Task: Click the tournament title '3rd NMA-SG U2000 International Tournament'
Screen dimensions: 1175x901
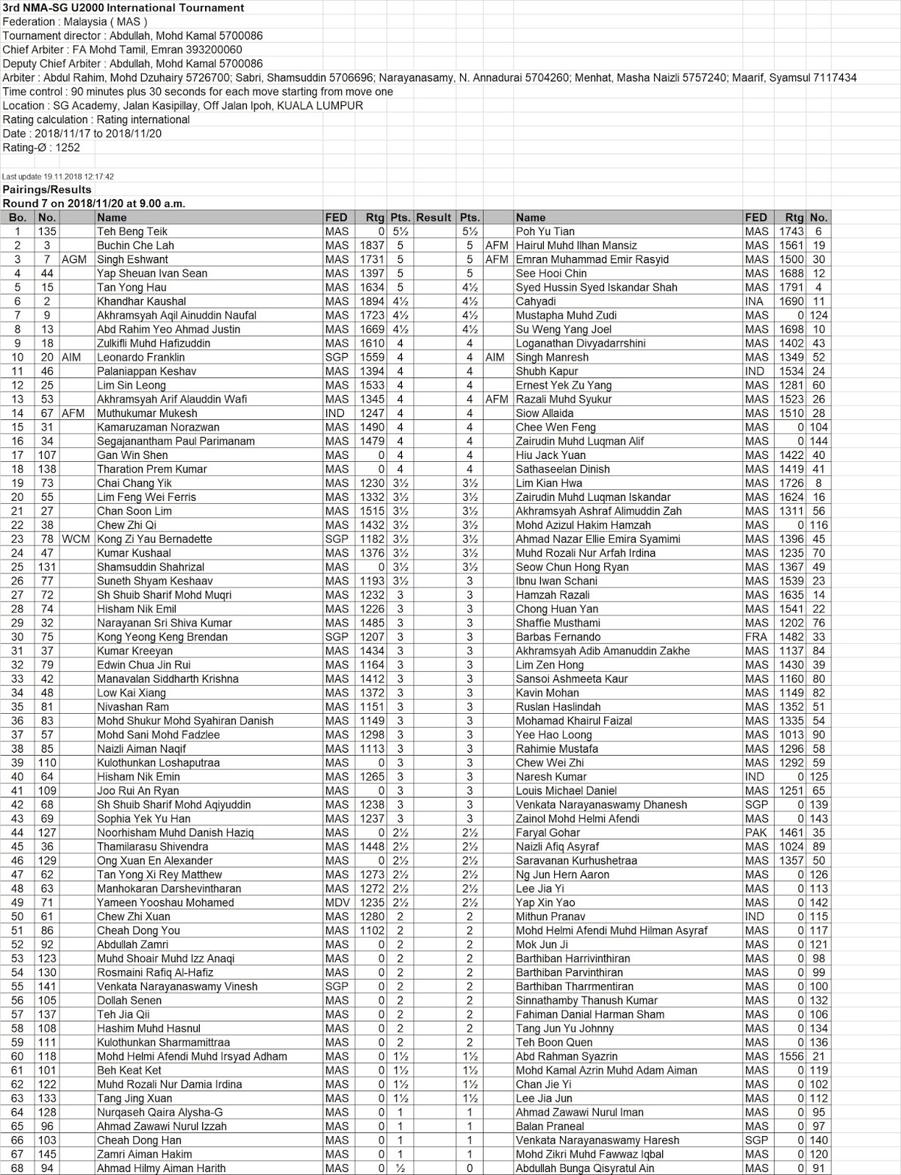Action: click(123, 8)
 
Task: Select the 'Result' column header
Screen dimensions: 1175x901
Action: click(433, 217)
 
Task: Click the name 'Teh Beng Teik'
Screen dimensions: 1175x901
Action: click(132, 231)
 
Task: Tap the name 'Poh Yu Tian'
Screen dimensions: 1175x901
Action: click(545, 231)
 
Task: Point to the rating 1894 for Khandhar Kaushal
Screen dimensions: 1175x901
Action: click(372, 301)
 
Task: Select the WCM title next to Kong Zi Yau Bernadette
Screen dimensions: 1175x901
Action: click(76, 539)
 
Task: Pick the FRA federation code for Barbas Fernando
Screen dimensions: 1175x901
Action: click(755, 637)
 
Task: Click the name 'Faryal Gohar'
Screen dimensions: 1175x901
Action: click(548, 833)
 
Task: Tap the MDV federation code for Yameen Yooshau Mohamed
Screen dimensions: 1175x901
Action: click(337, 903)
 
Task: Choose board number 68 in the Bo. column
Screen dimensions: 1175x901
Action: click(17, 1168)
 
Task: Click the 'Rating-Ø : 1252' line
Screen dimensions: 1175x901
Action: click(41, 148)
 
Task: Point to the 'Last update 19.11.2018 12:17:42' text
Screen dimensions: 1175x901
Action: click(58, 177)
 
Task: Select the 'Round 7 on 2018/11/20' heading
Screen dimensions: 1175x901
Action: click(94, 203)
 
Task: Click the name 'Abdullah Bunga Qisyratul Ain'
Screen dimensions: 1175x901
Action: click(584, 1168)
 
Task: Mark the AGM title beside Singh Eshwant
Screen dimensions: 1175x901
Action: click(74, 259)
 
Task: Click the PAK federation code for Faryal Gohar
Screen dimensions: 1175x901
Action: click(755, 833)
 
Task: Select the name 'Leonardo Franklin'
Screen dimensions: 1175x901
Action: click(141, 357)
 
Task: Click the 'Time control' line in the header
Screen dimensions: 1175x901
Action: click(198, 92)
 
